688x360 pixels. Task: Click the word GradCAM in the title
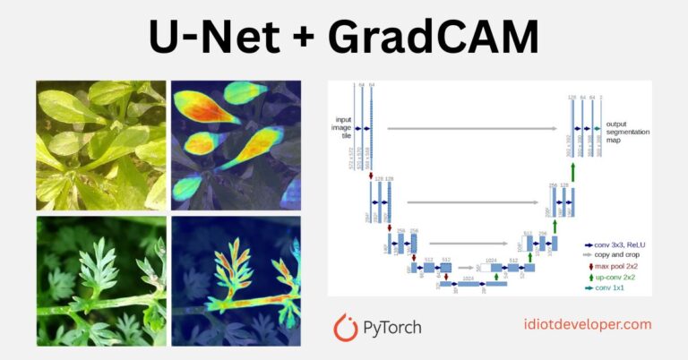click(434, 39)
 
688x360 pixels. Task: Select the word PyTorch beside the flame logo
click(395, 328)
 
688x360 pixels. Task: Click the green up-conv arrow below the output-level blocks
click(572, 170)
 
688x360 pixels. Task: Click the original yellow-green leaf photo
click(100, 144)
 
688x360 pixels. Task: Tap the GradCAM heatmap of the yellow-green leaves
click(236, 144)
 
